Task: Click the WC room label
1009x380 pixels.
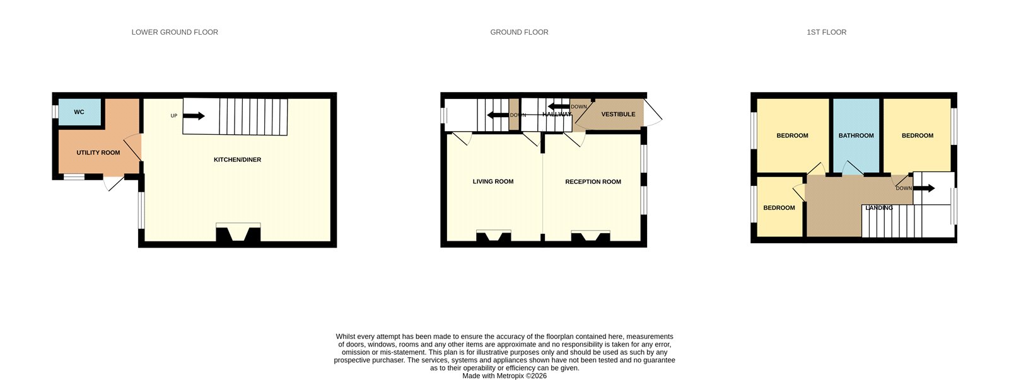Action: pos(79,112)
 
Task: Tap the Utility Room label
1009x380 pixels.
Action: pos(98,153)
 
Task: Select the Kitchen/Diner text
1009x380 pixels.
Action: pos(237,159)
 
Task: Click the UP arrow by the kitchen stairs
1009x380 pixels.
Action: pos(194,116)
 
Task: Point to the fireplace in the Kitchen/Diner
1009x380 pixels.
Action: pos(238,233)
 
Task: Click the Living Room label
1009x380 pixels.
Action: pos(493,181)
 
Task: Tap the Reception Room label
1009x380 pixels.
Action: pos(593,181)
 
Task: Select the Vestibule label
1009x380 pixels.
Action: pos(619,114)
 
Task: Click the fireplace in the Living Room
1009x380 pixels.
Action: pos(494,236)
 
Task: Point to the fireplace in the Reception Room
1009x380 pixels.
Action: pos(590,236)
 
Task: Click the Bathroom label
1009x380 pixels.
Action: pos(856,135)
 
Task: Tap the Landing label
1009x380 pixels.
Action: pos(879,207)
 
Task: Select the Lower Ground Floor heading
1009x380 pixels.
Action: pos(175,32)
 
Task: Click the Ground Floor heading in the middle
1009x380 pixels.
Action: pos(520,32)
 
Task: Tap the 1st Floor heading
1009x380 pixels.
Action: pos(827,32)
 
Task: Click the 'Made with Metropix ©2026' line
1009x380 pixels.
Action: pos(504,376)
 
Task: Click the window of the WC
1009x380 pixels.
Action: pos(55,112)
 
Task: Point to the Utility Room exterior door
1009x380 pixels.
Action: pos(114,183)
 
